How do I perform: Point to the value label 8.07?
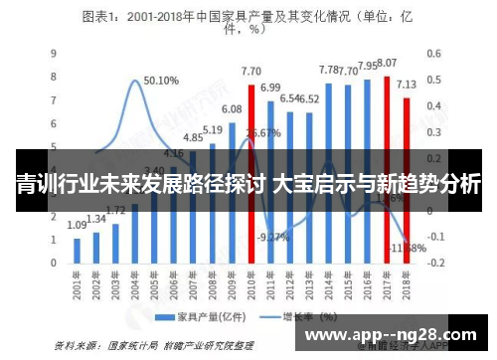coord(387,63)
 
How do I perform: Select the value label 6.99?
coord(270,88)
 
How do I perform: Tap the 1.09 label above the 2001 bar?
coord(77,226)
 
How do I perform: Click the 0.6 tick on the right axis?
coord(435,53)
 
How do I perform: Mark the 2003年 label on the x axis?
coord(115,287)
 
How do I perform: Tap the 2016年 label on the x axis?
coord(366,287)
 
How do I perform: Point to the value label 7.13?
coord(407,85)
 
